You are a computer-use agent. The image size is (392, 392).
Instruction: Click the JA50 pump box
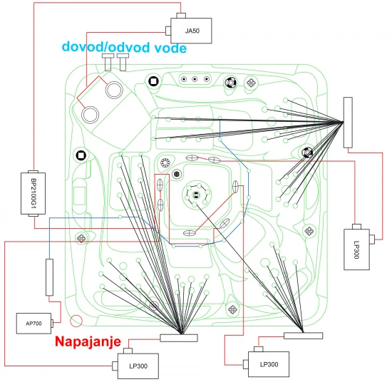pyautogui.click(x=191, y=31)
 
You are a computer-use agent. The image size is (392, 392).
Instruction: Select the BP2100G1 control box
pyautogui.click(x=33, y=193)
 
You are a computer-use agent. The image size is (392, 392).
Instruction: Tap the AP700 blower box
pyautogui.click(x=33, y=324)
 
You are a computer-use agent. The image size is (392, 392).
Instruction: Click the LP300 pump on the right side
pyautogui.click(x=356, y=249)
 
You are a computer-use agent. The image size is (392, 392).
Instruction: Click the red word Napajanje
pyautogui.click(x=88, y=342)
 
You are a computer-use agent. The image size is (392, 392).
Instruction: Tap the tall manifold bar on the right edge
pyautogui.click(x=348, y=123)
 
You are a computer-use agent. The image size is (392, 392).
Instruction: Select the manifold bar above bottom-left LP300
pyautogui.click(x=179, y=338)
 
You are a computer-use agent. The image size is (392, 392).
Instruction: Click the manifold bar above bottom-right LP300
pyautogui.click(x=303, y=336)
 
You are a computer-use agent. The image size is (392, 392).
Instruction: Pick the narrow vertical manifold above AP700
pyautogui.click(x=49, y=277)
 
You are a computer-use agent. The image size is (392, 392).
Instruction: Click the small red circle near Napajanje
pyautogui.click(x=76, y=321)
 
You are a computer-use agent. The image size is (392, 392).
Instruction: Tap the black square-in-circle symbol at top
pyautogui.click(x=153, y=81)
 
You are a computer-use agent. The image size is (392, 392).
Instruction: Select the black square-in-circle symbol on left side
pyautogui.click(x=81, y=155)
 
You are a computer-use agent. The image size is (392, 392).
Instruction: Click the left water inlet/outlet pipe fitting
pyautogui.click(x=108, y=62)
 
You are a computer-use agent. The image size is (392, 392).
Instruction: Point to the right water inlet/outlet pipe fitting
pyautogui.click(x=123, y=62)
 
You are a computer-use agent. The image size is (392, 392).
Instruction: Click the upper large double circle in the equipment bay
pyautogui.click(x=114, y=90)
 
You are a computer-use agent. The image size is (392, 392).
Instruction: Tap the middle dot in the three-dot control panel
pyautogui.click(x=195, y=79)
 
